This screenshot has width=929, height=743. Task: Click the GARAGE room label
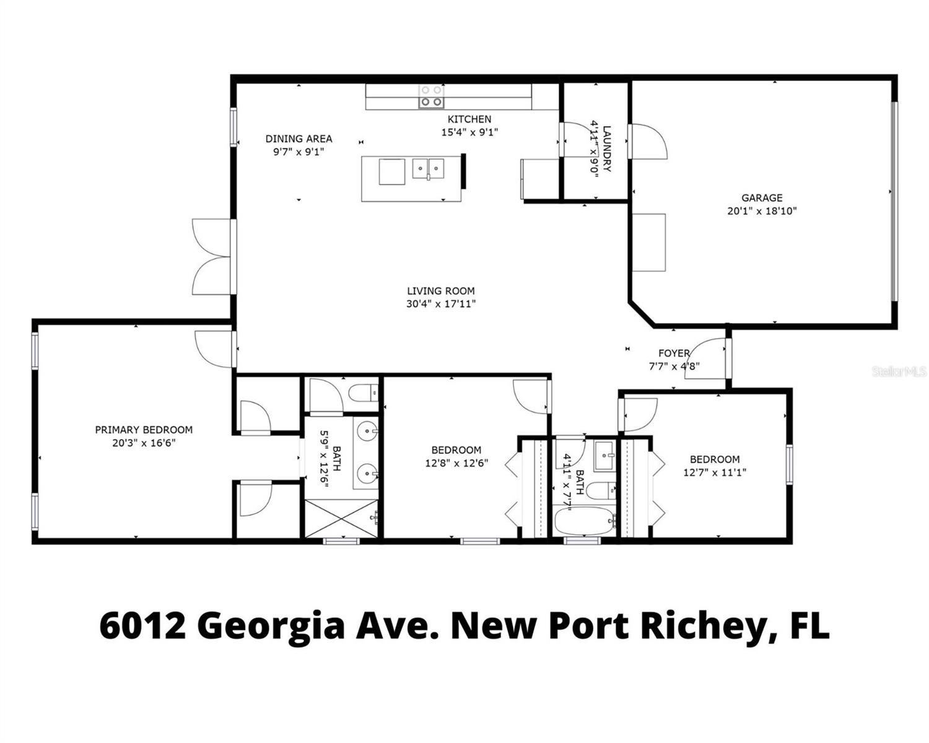click(762, 198)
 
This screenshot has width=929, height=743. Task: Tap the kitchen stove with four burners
click(431, 96)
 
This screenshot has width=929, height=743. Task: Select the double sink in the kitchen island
click(428, 169)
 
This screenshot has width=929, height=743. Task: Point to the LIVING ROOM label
click(441, 291)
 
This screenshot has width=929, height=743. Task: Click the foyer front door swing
click(704, 358)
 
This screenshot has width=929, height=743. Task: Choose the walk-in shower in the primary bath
click(341, 518)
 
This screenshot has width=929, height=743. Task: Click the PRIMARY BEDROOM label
click(144, 430)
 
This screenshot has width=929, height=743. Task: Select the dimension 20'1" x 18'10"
click(762, 211)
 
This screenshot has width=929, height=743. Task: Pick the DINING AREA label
click(299, 139)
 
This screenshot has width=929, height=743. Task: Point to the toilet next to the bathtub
click(602, 490)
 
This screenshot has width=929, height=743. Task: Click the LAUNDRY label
click(606, 149)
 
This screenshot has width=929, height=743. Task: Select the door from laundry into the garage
click(648, 141)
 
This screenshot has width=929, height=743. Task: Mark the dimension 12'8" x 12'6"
click(456, 463)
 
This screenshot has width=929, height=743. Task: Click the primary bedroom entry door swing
click(214, 349)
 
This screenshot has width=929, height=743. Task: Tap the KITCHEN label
click(469, 119)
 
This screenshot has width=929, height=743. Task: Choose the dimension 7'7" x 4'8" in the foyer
click(674, 367)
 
